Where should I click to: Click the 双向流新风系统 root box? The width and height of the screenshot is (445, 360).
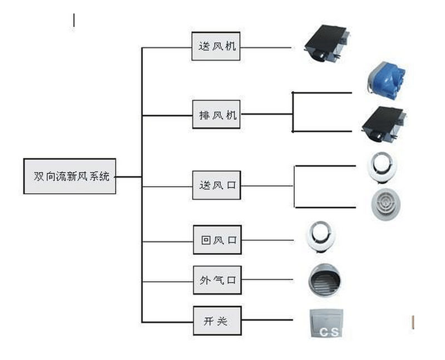[70, 176]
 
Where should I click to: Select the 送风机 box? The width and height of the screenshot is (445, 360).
[216, 46]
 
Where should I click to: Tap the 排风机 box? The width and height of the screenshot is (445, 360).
[217, 115]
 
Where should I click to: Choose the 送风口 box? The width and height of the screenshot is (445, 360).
[217, 186]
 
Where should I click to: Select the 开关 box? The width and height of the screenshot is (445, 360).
[217, 320]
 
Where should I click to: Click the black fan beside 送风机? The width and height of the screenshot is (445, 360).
[327, 44]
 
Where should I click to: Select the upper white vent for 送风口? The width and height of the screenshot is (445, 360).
[382, 166]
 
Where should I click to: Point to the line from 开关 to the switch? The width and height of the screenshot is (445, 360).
[266, 320]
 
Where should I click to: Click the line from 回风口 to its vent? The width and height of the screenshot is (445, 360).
[267, 241]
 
